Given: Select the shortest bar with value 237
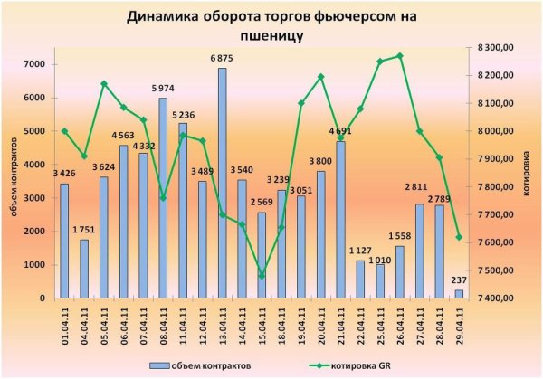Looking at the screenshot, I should [458, 294].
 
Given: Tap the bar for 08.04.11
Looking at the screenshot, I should [163, 198].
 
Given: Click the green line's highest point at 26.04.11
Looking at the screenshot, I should [399, 56].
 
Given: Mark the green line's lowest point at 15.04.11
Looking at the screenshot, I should [262, 276].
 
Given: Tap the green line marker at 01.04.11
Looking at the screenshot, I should [64, 131].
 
